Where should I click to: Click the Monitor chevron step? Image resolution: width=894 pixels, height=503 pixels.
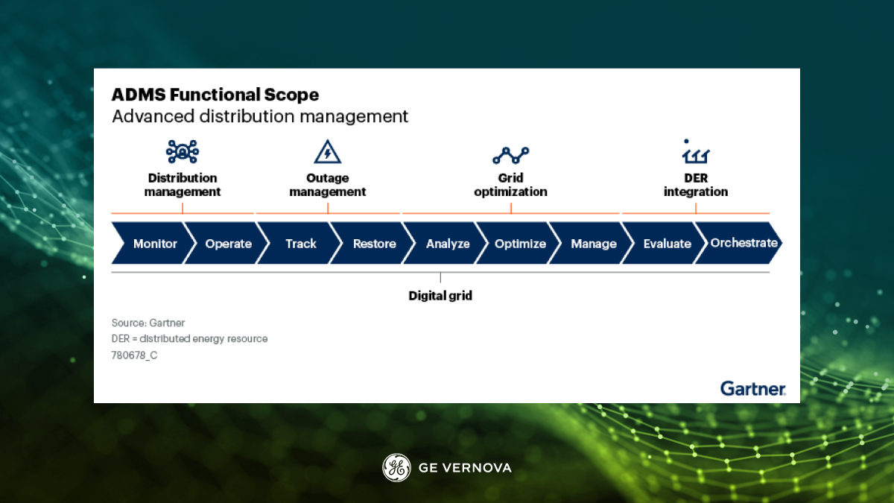pyautogui.click(x=152, y=244)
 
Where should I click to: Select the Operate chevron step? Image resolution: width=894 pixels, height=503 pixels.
pyautogui.click(x=226, y=244)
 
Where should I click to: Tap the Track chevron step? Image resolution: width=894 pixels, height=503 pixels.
pyautogui.click(x=299, y=244)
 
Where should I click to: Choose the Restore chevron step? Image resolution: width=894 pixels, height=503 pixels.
pyautogui.click(x=372, y=244)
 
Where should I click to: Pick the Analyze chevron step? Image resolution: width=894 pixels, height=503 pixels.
pyautogui.click(x=446, y=244)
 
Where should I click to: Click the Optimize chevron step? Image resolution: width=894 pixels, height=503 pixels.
pyautogui.click(x=519, y=244)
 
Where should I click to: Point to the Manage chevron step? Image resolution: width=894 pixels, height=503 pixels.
pyautogui.click(x=592, y=244)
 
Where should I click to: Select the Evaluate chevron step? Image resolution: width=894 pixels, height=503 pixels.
pyautogui.click(x=665, y=244)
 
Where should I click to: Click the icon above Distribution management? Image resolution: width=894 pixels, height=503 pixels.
pyautogui.click(x=183, y=152)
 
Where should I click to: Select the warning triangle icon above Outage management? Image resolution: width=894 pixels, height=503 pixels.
pyautogui.click(x=328, y=152)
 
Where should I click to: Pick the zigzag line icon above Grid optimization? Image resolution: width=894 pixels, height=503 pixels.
pyautogui.click(x=510, y=155)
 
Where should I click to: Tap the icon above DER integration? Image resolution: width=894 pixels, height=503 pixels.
pyautogui.click(x=695, y=152)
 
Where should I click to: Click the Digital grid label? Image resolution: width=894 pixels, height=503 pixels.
pyautogui.click(x=440, y=296)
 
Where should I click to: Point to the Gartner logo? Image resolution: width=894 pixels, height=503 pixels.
pyautogui.click(x=752, y=388)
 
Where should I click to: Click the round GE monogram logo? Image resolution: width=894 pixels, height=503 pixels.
pyautogui.click(x=396, y=467)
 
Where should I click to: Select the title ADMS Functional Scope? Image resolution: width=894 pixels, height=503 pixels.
pyautogui.click(x=215, y=95)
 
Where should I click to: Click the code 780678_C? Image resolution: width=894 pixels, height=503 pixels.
pyautogui.click(x=134, y=355)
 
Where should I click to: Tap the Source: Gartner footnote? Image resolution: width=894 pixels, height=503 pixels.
pyautogui.click(x=148, y=323)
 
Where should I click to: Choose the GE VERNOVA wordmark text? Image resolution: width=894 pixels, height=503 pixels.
pyautogui.click(x=465, y=468)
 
